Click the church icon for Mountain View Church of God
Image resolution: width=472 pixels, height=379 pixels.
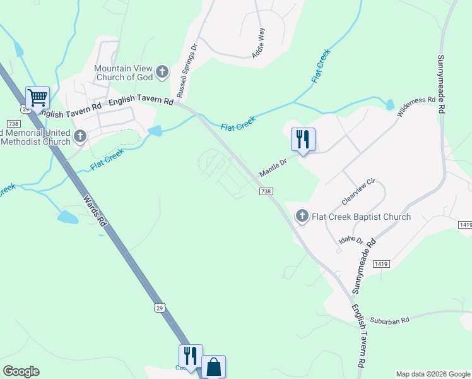point(162,71)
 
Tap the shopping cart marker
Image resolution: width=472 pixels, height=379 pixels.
point(37,99)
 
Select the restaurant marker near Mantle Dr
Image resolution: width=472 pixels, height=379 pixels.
point(303,140)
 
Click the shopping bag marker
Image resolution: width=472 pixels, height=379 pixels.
point(213,367)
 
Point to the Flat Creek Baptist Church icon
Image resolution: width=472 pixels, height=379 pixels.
point(302,217)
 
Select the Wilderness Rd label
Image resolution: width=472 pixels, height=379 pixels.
point(416,107)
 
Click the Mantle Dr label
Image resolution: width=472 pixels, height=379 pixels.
point(273,167)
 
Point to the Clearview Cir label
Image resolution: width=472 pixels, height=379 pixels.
point(358,191)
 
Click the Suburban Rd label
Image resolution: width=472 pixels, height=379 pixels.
point(389,321)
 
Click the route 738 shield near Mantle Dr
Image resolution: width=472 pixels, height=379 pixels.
point(266,191)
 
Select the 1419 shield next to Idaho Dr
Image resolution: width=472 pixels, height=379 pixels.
point(381,263)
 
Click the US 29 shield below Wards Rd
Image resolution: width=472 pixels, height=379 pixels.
point(160,308)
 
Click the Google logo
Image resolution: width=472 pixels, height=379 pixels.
point(21,371)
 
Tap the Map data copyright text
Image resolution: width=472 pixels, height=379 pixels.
point(433,374)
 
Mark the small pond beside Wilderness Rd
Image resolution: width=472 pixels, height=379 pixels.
point(390,104)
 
